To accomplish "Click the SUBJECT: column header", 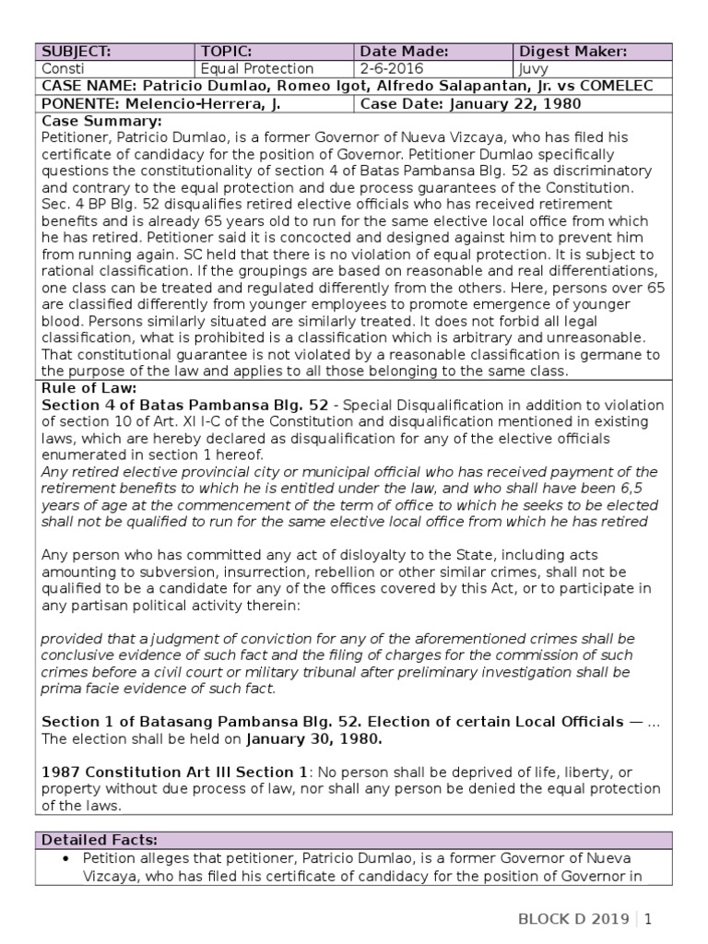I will tap(73, 52).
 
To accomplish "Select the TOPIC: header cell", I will tap(227, 52).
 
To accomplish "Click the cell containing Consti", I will tap(63, 69).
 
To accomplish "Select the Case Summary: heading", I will tap(101, 121).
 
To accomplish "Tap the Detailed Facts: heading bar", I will tap(100, 839).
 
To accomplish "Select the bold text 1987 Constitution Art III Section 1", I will tap(167, 772).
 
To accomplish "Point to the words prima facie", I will tap(85, 689).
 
